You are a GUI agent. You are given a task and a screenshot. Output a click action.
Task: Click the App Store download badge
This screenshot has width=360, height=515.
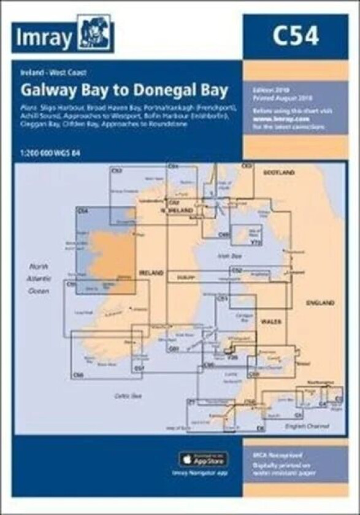click(203, 458)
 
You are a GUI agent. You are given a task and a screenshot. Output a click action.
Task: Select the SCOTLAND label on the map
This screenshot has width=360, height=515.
click(278, 174)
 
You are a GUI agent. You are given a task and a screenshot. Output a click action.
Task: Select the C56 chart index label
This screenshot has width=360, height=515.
click(77, 374)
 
